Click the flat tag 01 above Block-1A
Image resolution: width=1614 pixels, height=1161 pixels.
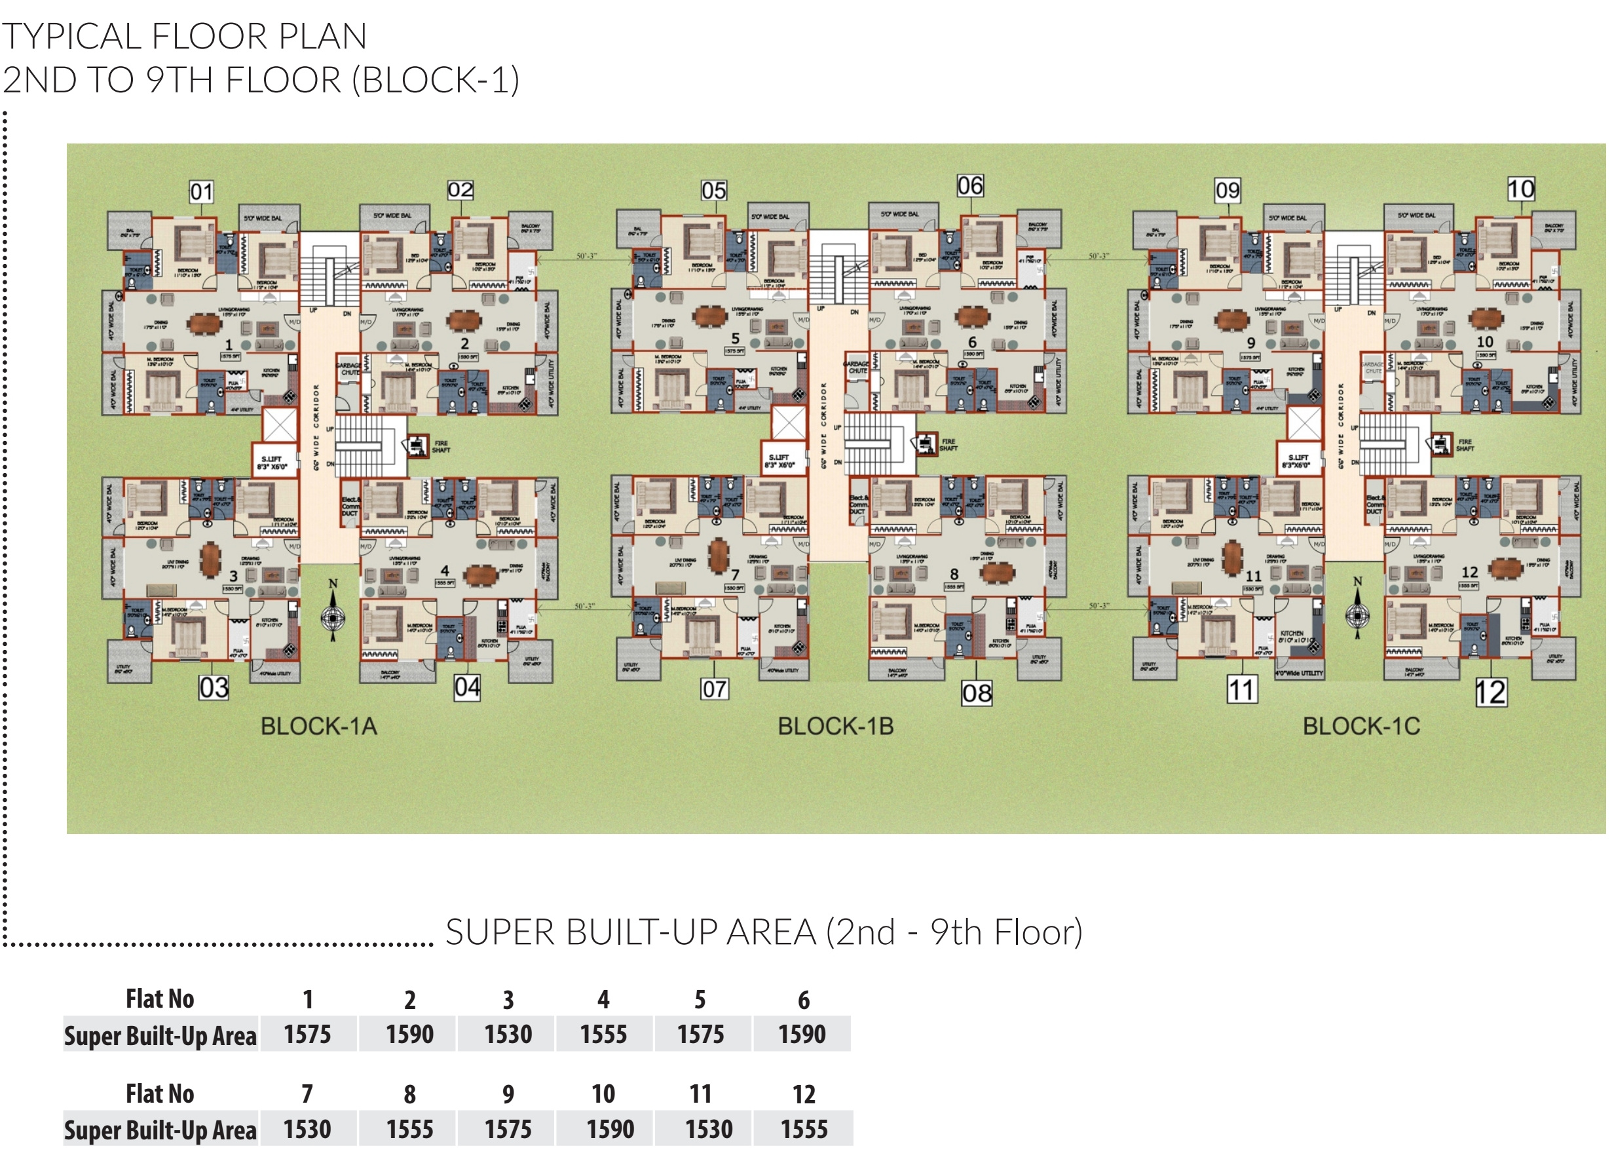201,191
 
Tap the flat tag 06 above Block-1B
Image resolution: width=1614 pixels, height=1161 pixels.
970,187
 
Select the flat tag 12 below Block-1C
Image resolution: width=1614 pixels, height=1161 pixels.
1490,693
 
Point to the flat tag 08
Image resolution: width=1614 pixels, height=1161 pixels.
977,693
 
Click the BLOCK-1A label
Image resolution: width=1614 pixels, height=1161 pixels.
318,727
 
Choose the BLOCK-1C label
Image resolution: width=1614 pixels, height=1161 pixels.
1361,727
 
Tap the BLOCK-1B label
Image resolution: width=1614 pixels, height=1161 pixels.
835,727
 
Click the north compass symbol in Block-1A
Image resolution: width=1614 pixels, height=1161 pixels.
332,611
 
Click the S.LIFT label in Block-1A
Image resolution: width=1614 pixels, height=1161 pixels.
271,463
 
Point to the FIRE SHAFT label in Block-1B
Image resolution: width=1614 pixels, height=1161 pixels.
948,445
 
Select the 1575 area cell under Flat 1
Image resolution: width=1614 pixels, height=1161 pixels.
307,1035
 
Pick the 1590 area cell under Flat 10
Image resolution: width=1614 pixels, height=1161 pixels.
610,1130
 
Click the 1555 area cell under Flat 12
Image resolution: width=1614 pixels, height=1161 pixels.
804,1130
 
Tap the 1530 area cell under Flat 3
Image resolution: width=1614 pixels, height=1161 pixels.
508,1035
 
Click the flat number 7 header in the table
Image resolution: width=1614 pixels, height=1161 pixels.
307,1094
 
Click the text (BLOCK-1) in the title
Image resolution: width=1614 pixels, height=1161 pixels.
436,80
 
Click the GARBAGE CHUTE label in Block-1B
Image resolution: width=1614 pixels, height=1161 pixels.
857,368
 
